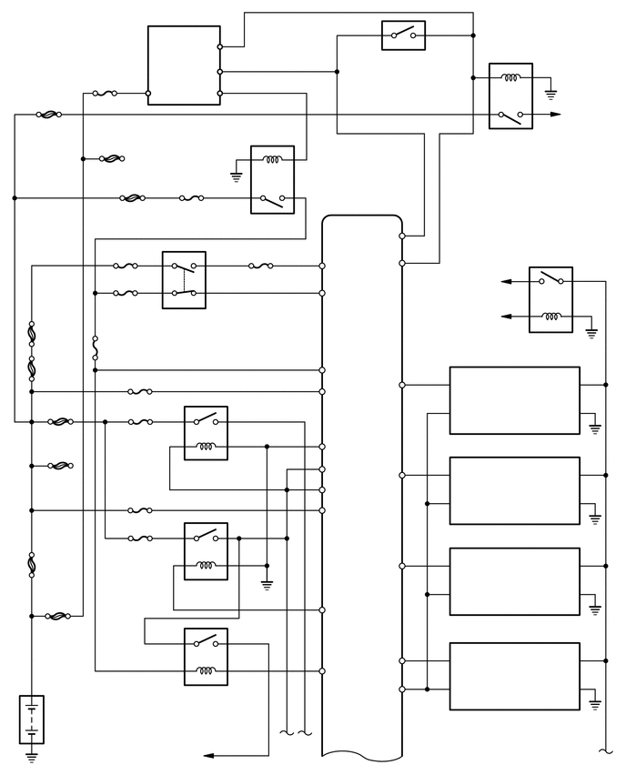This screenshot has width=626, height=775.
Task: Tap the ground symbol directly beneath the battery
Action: pyautogui.click(x=31, y=755)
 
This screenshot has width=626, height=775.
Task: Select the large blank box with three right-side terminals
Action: pyautogui.click(x=184, y=65)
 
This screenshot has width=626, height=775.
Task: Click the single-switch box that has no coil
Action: pyautogui.click(x=403, y=35)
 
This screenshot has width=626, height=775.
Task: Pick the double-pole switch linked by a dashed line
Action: pyautogui.click(x=184, y=279)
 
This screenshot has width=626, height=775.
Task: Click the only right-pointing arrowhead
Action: pyautogui.click(x=555, y=115)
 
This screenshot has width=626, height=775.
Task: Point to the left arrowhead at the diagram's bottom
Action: pyautogui.click(x=208, y=755)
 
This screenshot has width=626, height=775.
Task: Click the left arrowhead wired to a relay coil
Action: pyautogui.click(x=506, y=316)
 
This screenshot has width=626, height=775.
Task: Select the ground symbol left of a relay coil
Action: pyautogui.click(x=237, y=175)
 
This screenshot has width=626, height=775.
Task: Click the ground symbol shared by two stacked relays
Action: pyautogui.click(x=267, y=583)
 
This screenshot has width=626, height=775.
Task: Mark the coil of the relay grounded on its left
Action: pyautogui.click(x=272, y=161)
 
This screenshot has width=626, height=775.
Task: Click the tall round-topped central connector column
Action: pyautogui.click(x=362, y=482)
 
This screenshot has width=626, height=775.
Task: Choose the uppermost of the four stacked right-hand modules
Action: pyautogui.click(x=514, y=400)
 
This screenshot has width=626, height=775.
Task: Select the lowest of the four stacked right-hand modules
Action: pyautogui.click(x=514, y=676)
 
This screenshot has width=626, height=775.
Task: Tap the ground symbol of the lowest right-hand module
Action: pyautogui.click(x=595, y=701)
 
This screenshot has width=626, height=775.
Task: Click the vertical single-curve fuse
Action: pyautogui.click(x=96, y=348)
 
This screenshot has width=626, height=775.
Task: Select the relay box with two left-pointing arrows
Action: pyautogui.click(x=550, y=298)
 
